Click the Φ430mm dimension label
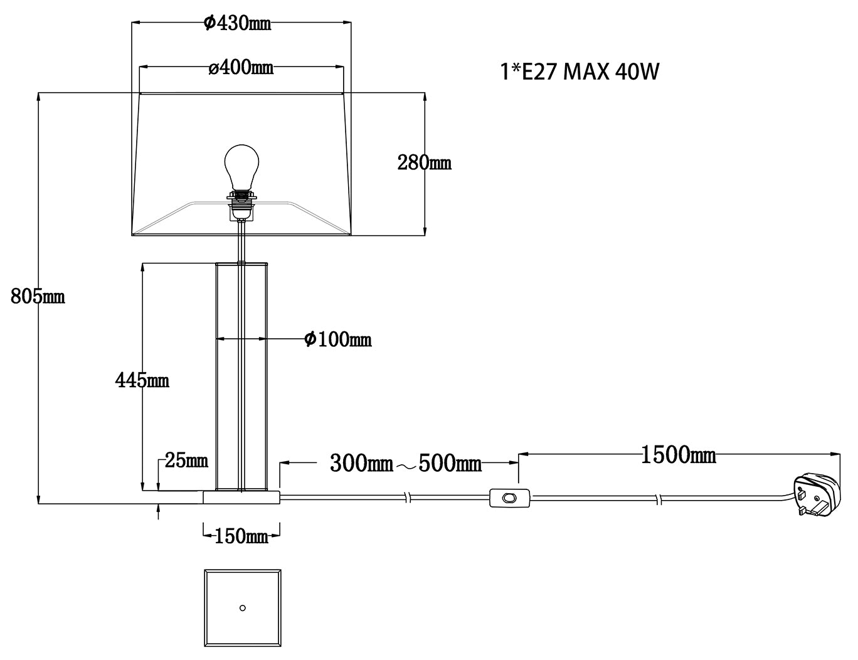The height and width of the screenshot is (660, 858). pyautogui.click(x=237, y=23)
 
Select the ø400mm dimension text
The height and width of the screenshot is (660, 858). pyautogui.click(x=241, y=68)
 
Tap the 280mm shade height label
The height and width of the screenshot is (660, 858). pyautogui.click(x=424, y=162)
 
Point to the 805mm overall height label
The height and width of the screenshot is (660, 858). pyautogui.click(x=38, y=296)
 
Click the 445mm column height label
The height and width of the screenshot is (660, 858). pyautogui.click(x=142, y=380)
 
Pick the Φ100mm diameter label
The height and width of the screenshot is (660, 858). pyautogui.click(x=338, y=339)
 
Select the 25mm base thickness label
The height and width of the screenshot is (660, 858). pyautogui.click(x=186, y=460)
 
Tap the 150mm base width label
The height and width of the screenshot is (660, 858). pyautogui.click(x=241, y=536)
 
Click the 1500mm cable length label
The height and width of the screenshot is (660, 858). pyautogui.click(x=679, y=455)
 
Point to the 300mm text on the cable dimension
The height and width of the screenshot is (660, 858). pyautogui.click(x=361, y=463)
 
